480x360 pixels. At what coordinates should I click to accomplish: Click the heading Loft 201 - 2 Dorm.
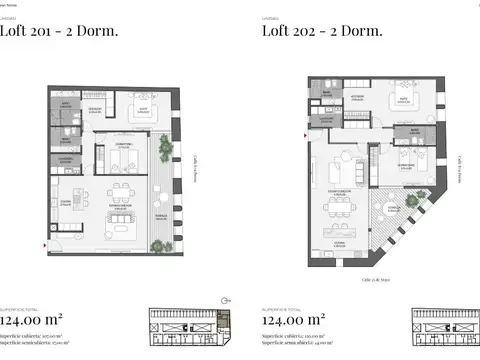click(x=59, y=31)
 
